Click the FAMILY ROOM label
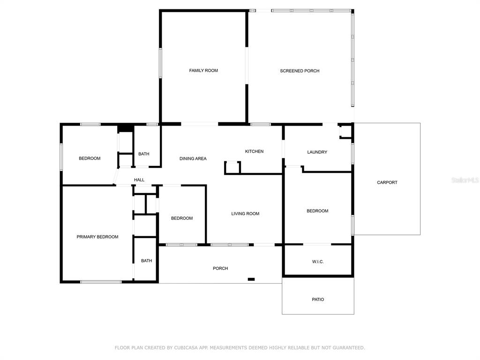coord(203,70)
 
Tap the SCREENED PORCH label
coord(300,71)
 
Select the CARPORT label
coord(387,182)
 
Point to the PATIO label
coord(318,300)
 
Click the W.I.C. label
coord(318,262)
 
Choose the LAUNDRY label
coord(317,152)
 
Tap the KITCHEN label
coord(254,151)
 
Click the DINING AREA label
coord(193,158)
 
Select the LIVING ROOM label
coord(245,214)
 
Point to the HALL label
coord(139,180)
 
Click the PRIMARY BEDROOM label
coord(97,237)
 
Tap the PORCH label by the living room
coord(220,269)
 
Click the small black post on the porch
coord(251,279)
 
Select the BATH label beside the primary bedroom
coord(146,261)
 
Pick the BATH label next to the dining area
coord(143,154)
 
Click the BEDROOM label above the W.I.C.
coord(317,211)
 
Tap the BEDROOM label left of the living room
coord(182,218)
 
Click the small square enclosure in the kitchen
coord(232,168)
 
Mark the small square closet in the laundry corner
coord(345,131)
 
